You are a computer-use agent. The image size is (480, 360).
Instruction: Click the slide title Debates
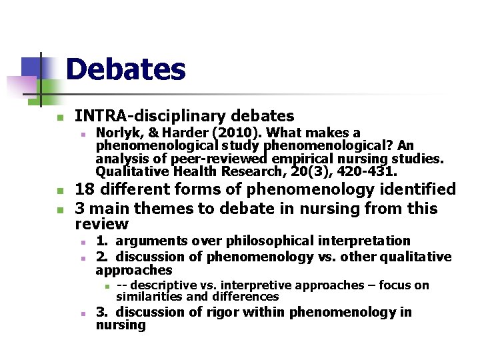pos(125,69)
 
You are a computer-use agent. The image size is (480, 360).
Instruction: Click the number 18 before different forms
pos(85,189)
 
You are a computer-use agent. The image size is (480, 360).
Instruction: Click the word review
pos(101,225)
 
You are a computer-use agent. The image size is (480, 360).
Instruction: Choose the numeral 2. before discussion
pos(102,257)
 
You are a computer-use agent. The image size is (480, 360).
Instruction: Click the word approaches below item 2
pos(133,270)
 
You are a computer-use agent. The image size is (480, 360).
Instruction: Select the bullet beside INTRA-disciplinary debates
pos(59,117)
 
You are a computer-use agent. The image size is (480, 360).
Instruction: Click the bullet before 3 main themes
pos(59,209)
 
